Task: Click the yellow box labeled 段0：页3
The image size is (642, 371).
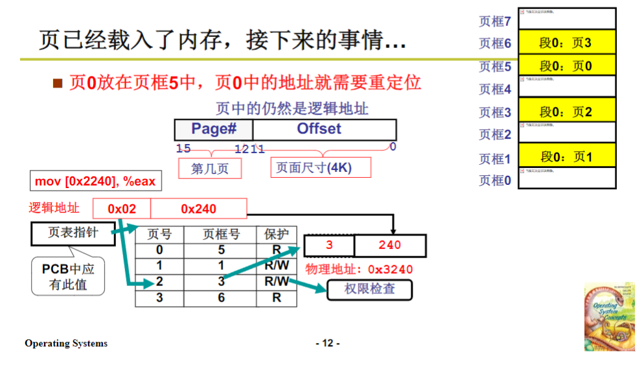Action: click(x=566, y=43)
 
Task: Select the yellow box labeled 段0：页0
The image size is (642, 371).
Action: click(x=566, y=66)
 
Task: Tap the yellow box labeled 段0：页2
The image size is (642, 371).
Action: click(x=566, y=112)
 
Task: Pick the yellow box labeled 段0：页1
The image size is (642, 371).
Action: click(x=566, y=156)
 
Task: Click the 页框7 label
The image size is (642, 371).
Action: click(x=495, y=21)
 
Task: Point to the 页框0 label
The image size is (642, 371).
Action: click(x=495, y=180)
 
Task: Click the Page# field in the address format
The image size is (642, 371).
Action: click(x=214, y=129)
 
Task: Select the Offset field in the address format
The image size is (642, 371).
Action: click(x=319, y=129)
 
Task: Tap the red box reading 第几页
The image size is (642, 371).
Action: click(x=210, y=168)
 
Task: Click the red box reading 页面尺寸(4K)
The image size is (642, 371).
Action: click(x=320, y=167)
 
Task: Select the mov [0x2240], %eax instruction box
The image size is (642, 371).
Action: click(x=95, y=181)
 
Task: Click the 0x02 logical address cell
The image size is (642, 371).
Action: click(x=122, y=209)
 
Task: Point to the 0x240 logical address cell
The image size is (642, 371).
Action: click(x=198, y=209)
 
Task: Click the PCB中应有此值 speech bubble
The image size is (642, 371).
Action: click(x=68, y=276)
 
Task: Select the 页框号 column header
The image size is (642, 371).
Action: click(x=221, y=234)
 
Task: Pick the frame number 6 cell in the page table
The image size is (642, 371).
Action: click(x=221, y=298)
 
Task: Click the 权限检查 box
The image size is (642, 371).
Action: click(x=369, y=289)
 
